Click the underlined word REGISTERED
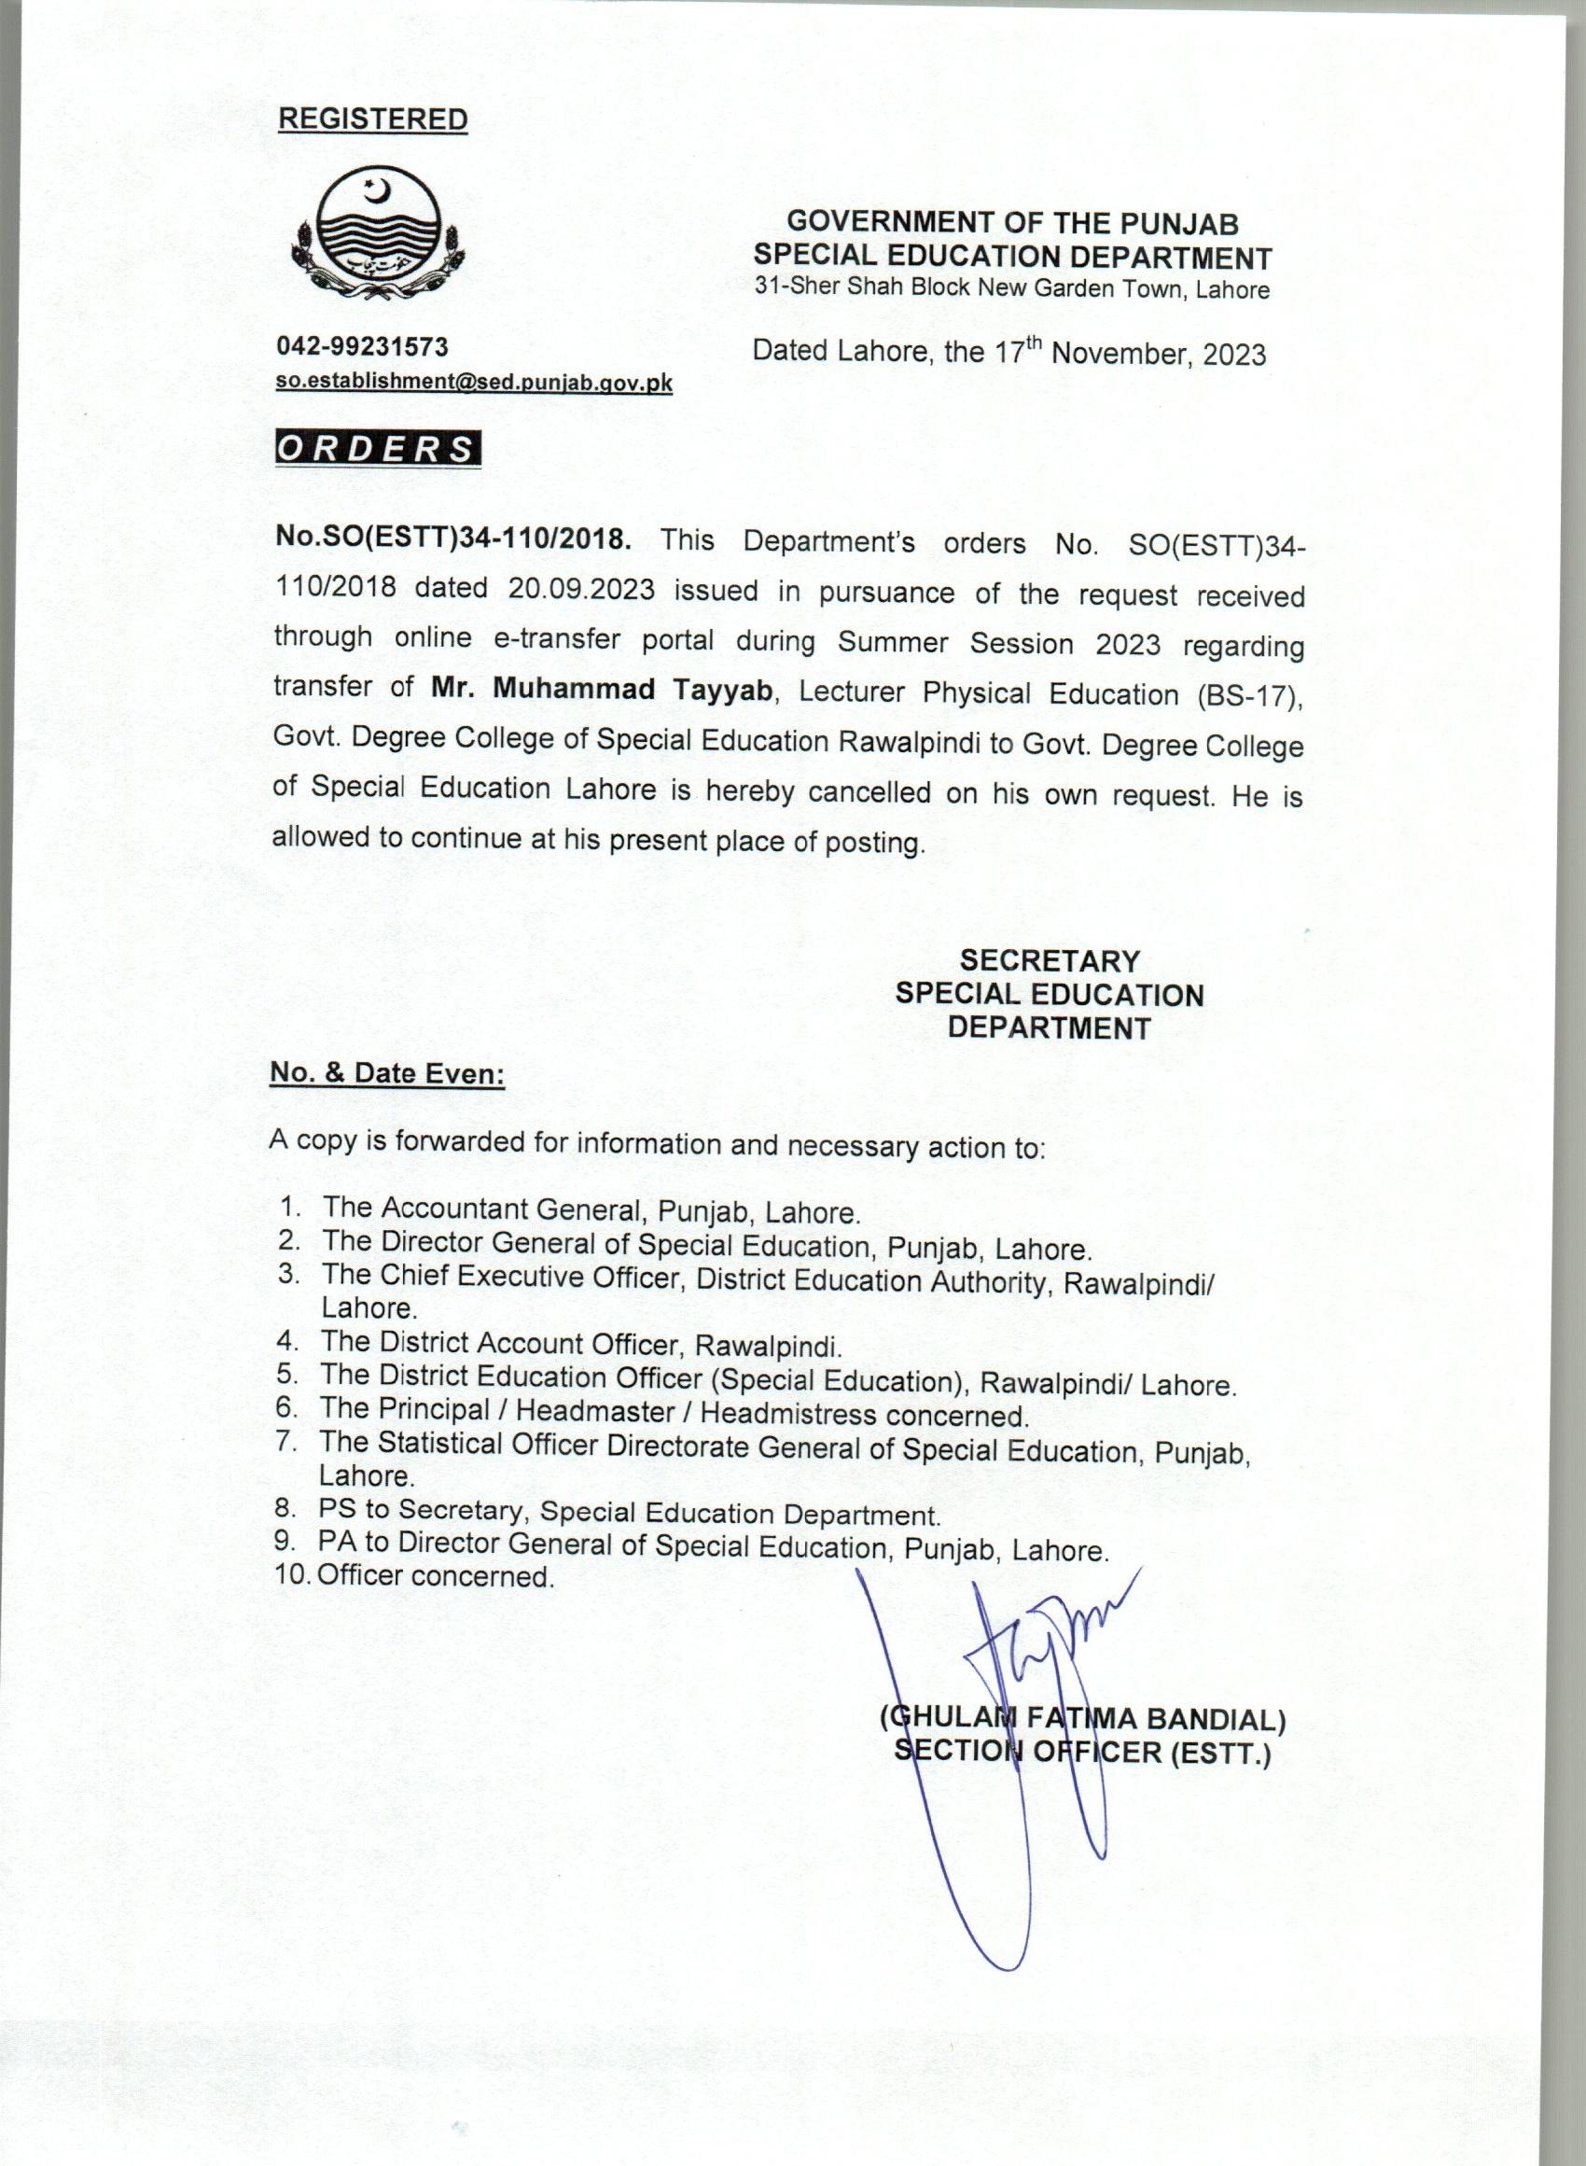coord(372,120)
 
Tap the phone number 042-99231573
coord(362,345)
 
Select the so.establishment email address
coord(474,382)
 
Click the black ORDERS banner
coord(377,449)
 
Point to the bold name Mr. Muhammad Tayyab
coord(602,689)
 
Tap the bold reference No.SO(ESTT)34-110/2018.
coord(453,537)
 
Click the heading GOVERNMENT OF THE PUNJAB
coord(1012,223)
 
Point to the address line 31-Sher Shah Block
coord(1012,288)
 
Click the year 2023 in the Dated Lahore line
coord(1233,355)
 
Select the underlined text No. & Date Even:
coord(387,1073)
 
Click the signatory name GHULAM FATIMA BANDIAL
coord(1083,1718)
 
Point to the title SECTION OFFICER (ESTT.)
coord(1082,1752)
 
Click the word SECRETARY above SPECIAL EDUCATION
coord(1050,960)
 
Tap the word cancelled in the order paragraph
coord(869,792)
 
